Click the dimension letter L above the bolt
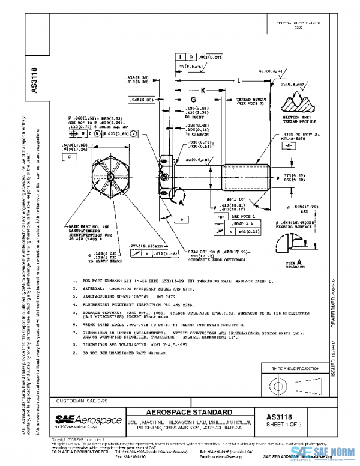[238, 80]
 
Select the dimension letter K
[203, 89]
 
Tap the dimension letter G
[193, 99]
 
